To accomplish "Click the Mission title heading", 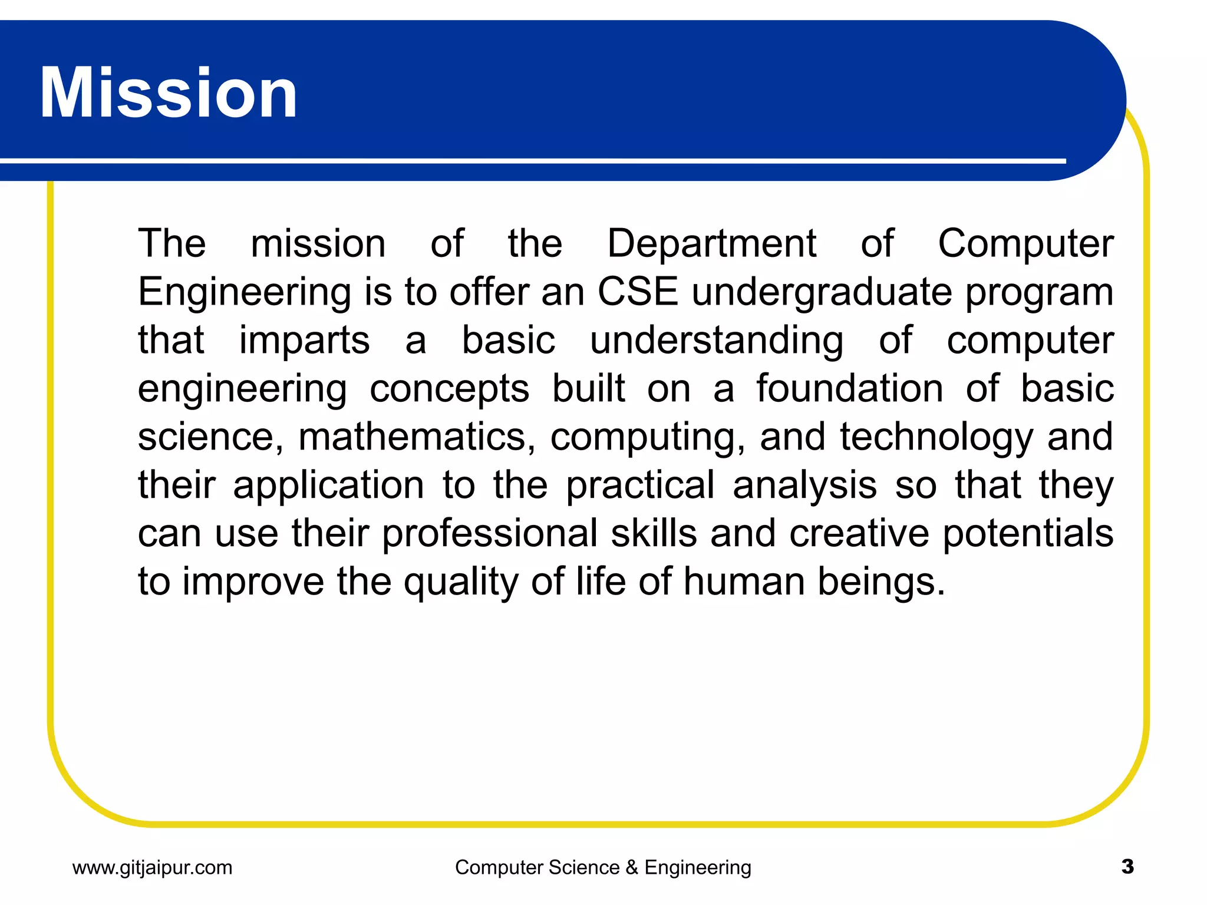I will point(169,93).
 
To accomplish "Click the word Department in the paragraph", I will point(711,243).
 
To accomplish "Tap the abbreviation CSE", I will point(638,292).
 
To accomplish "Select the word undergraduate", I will point(822,293).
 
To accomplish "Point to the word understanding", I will point(717,341).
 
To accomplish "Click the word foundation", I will point(850,389).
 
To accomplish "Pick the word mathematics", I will point(417,437).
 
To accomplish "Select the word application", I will point(328,486).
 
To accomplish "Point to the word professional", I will point(490,534).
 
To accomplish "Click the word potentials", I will point(1028,534).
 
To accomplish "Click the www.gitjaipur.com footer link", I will point(152,867).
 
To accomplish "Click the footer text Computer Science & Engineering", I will point(603,867).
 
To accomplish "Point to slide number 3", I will point(1127,867).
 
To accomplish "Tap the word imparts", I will point(304,341).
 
